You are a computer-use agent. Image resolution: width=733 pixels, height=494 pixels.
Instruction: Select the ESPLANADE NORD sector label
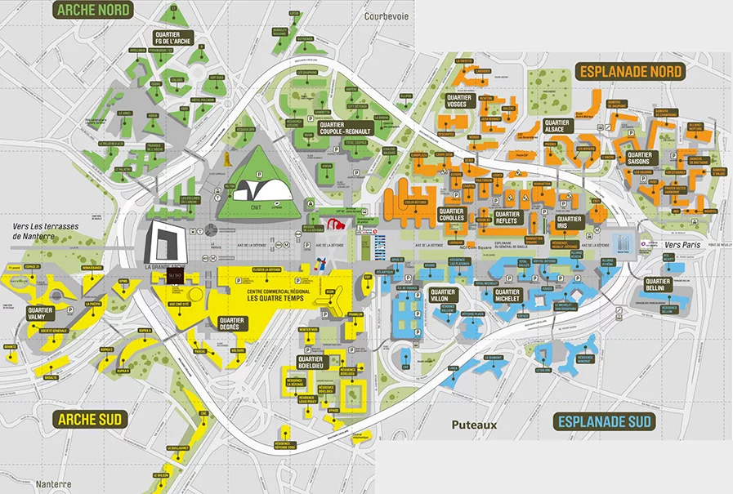pos(631,71)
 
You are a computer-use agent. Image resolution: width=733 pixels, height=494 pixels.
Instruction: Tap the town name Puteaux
pos(474,425)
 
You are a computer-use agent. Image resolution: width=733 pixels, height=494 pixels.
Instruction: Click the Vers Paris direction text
pos(685,244)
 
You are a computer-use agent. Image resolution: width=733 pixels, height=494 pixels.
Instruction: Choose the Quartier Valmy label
pos(40,314)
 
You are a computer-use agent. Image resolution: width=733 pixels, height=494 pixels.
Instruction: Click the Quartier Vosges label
pos(458,102)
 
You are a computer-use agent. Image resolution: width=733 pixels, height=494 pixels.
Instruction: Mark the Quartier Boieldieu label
pos(311,363)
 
